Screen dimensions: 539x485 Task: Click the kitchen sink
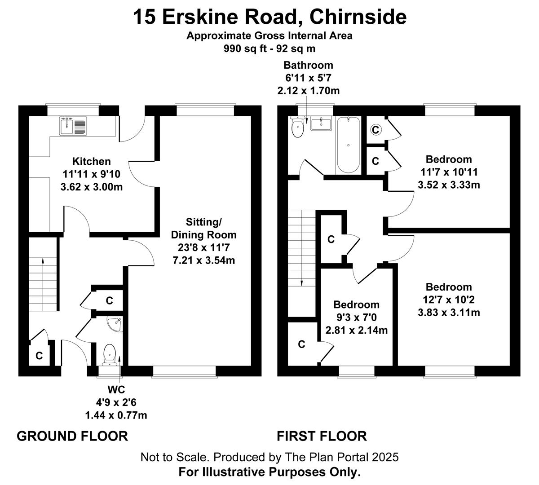click(x=73, y=126)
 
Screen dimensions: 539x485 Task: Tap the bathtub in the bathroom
click(x=348, y=145)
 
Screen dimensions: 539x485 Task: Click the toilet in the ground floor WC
click(x=109, y=355)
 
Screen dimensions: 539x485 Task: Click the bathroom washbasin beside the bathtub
click(x=321, y=123)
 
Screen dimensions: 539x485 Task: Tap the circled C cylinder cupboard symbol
click(x=376, y=130)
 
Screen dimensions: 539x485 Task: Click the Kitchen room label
click(x=92, y=161)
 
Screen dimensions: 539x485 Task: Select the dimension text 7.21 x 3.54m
click(x=203, y=260)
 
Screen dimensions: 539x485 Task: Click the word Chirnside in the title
click(x=358, y=17)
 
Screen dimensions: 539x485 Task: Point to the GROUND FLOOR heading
click(x=72, y=436)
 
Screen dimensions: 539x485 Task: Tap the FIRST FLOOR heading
click(x=322, y=436)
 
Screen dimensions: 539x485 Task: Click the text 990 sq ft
click(x=245, y=48)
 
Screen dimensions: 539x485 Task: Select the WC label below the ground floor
click(x=116, y=389)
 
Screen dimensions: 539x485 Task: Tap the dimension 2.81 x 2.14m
click(x=357, y=330)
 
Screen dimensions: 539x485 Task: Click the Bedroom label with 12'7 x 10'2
click(x=449, y=287)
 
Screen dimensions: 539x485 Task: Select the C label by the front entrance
click(x=39, y=356)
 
